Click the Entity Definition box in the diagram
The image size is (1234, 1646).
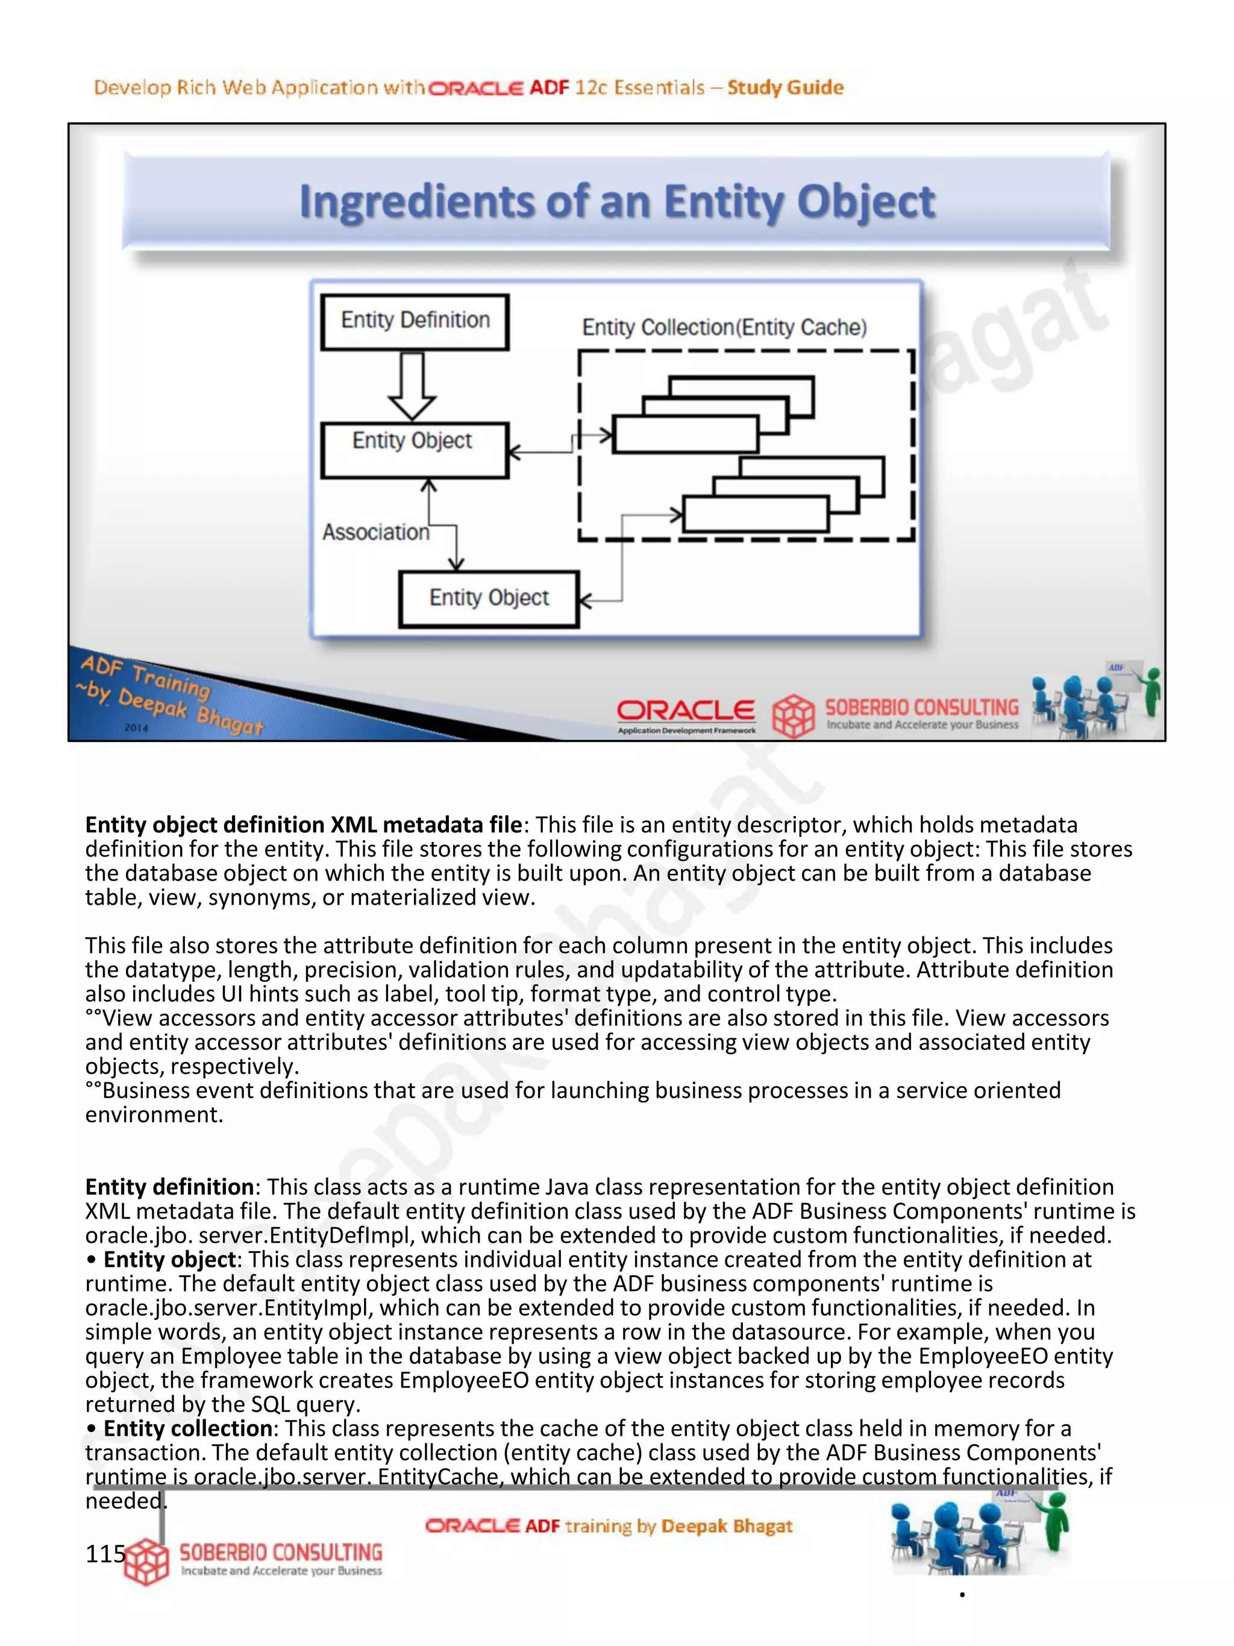tap(415, 321)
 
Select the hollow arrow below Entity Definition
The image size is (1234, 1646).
tap(412, 386)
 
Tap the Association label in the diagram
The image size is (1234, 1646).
tap(375, 532)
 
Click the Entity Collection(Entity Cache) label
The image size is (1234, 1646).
tap(724, 327)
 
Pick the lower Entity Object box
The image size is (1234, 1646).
tap(489, 598)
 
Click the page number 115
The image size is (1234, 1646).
tap(105, 1554)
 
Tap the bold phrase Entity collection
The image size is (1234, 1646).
tap(187, 1428)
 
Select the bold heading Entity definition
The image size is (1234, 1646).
tap(169, 1186)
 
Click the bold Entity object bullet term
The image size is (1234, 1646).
tap(169, 1259)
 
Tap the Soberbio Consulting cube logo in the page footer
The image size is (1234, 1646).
tap(146, 1562)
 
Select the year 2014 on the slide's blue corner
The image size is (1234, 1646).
tap(136, 727)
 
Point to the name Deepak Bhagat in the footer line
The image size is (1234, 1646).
tap(726, 1525)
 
